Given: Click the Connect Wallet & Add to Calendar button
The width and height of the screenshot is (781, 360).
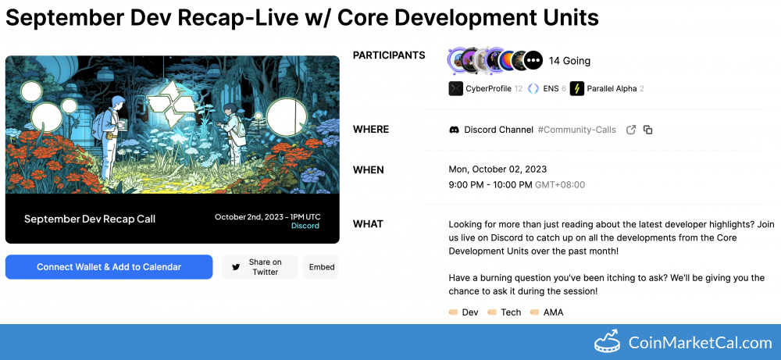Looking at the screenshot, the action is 109,267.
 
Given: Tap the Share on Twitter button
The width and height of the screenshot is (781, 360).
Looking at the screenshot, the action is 259,267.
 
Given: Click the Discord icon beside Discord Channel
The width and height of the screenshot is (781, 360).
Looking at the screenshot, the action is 455,130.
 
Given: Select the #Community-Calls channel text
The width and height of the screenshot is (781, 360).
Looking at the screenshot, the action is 577,130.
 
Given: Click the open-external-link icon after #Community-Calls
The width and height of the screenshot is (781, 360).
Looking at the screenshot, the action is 631,130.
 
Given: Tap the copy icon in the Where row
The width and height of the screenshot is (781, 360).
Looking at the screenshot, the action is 647,130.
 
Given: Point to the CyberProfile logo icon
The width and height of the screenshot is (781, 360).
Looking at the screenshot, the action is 456,88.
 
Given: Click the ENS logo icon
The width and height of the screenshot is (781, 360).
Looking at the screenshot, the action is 533,88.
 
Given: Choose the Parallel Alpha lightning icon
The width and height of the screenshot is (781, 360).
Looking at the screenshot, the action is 577,88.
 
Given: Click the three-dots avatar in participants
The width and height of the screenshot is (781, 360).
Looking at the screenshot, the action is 534,60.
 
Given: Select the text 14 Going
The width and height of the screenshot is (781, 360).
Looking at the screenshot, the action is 569,61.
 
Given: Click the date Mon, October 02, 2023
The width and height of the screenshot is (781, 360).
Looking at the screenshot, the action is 497,169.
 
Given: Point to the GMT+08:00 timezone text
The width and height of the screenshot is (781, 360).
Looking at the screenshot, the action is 560,185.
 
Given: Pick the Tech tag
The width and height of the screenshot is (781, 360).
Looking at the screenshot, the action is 504,312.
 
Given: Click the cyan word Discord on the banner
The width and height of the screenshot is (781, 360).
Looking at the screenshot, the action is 305,226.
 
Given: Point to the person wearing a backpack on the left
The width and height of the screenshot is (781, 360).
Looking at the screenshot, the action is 109,137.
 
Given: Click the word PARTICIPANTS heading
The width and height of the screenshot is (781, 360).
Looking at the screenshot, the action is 389,55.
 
